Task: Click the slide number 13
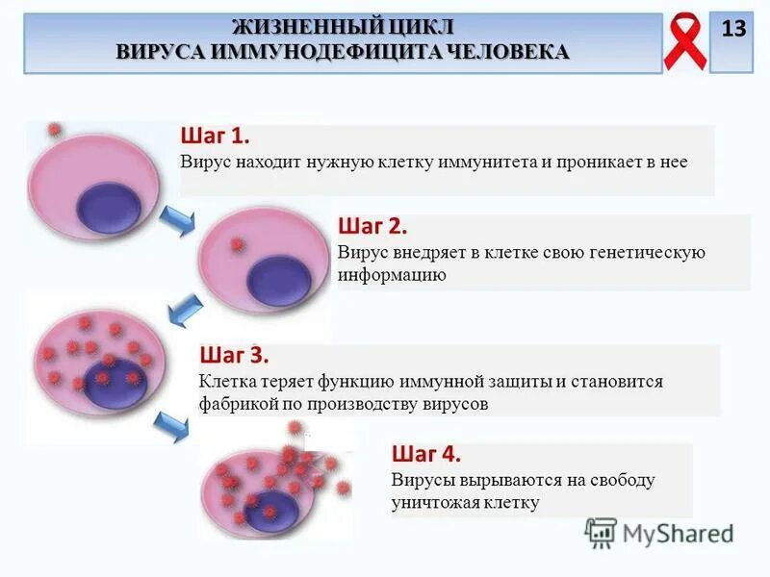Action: [732, 30]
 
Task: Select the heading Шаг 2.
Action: [372, 227]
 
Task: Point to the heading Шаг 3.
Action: [234, 356]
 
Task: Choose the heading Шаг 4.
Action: [426, 454]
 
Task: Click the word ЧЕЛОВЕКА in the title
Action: [505, 51]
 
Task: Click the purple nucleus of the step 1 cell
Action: [108, 207]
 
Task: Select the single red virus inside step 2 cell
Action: [237, 245]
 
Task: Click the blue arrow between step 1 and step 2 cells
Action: [175, 221]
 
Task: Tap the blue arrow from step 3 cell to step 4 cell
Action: [171, 424]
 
